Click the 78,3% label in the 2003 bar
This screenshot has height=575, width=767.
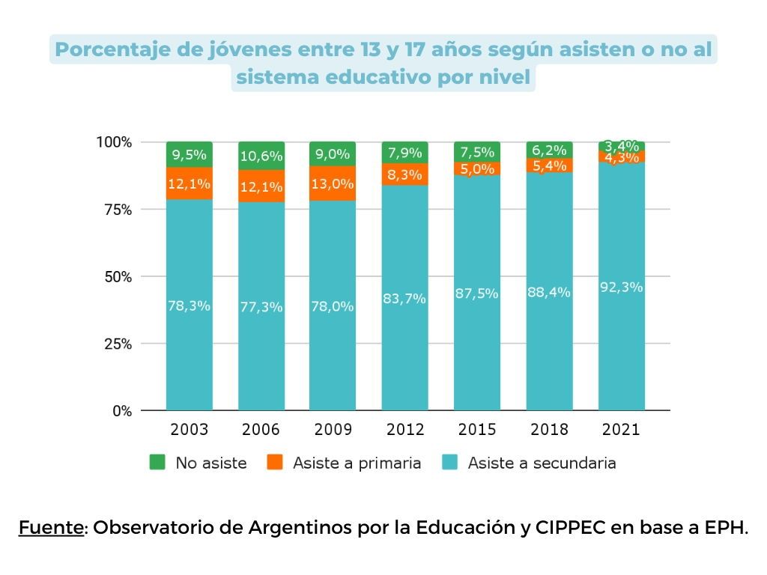pos(189,305)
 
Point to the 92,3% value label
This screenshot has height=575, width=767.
pos(621,286)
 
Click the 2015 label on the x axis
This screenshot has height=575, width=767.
pos(477,430)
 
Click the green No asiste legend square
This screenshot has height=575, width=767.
pos(157,463)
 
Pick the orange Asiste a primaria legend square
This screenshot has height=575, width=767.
pos(274,463)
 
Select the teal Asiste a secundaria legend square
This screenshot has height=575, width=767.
pos(449,463)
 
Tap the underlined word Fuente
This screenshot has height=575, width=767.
pos(50,527)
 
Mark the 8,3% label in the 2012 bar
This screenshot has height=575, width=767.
pos(404,175)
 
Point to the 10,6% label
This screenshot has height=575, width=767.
pos(261,156)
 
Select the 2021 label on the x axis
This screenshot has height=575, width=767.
pos(621,430)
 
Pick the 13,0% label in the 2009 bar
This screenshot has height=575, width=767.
pos(333,184)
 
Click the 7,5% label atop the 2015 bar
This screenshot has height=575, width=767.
pos(477,153)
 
